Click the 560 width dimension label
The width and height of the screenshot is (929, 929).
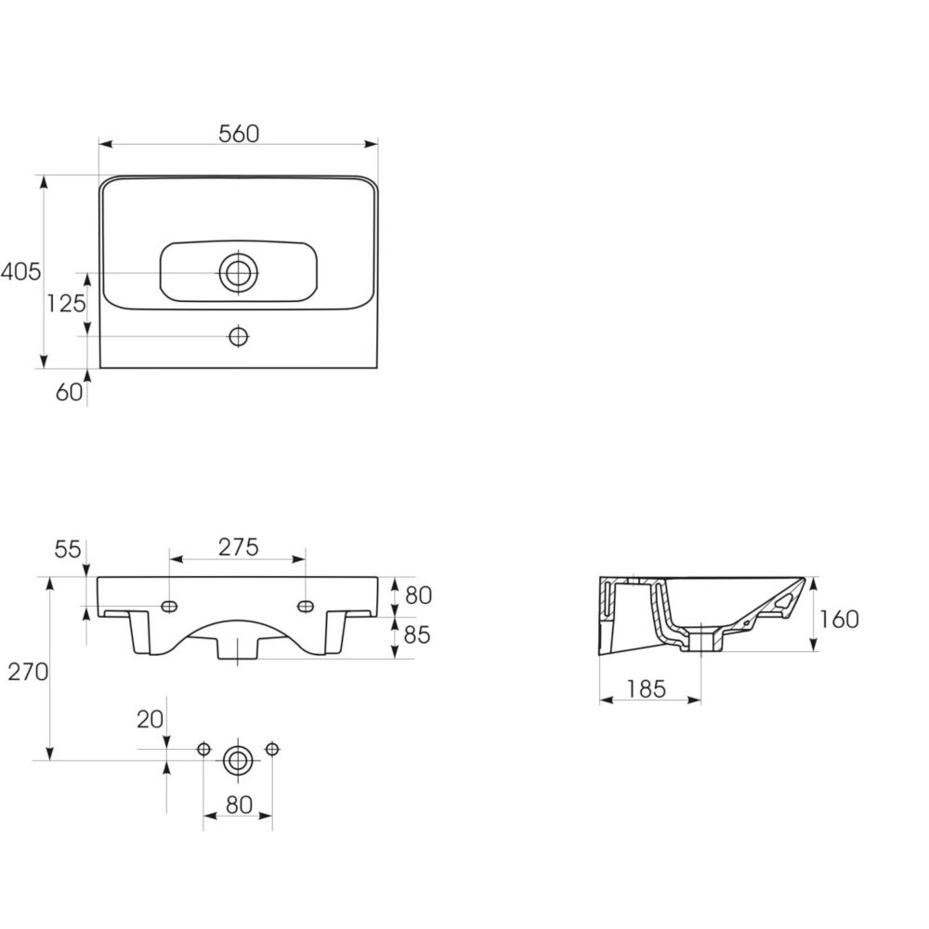tap(239, 134)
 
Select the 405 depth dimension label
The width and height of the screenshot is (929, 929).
tap(20, 271)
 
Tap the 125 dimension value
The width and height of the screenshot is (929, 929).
tap(66, 304)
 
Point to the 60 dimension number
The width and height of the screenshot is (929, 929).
tap(70, 392)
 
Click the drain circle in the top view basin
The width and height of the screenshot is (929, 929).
tap(239, 273)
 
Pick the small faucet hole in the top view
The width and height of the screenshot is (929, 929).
tap(239, 336)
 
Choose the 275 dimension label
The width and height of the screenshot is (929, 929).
tap(238, 547)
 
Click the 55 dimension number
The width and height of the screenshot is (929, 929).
tap(68, 549)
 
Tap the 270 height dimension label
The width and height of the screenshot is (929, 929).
tap(28, 672)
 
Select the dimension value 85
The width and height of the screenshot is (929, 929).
tap(416, 635)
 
